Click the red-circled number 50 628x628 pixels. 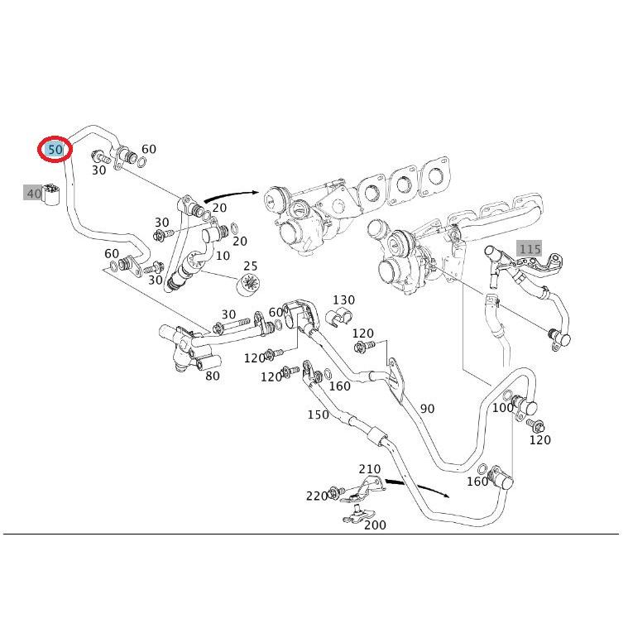point(55,149)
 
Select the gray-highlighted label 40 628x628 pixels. point(33,194)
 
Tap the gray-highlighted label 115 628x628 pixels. point(530,248)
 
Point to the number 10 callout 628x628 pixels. point(223,256)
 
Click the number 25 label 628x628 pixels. point(251,266)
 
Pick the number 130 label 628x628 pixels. point(343,300)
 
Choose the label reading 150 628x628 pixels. point(318,415)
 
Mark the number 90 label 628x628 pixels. point(427,409)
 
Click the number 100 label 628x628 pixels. point(502,407)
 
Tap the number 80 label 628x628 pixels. point(213,376)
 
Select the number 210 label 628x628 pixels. point(370,468)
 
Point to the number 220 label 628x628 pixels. point(316,496)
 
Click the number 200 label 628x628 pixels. point(375,525)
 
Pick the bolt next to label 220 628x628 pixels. point(335,494)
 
